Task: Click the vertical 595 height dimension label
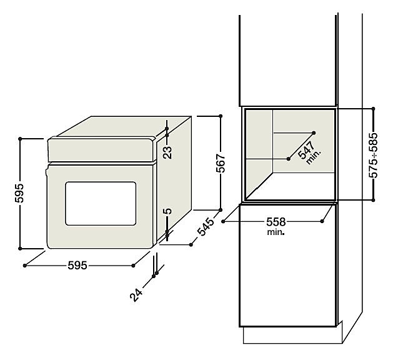(x=19, y=193)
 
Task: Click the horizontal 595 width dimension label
(x=77, y=266)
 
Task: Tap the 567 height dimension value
(x=221, y=163)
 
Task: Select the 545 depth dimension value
(x=206, y=227)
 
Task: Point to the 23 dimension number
(x=167, y=152)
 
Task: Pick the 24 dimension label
(x=136, y=295)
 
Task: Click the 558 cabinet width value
(x=276, y=222)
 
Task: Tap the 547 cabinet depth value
(x=306, y=150)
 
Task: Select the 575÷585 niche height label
(x=373, y=156)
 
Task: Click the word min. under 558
(x=276, y=232)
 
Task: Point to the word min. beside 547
(x=313, y=157)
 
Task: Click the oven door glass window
(x=101, y=204)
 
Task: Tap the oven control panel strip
(x=101, y=150)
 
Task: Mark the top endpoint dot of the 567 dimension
(x=221, y=116)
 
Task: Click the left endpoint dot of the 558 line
(x=223, y=221)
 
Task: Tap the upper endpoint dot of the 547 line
(x=314, y=132)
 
